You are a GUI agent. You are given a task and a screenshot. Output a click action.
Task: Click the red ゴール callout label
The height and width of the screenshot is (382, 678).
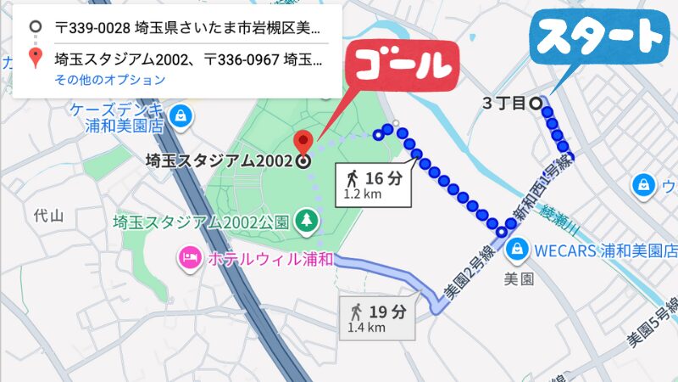tap(405, 63)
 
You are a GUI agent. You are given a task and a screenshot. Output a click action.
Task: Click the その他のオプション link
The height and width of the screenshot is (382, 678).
tap(110, 80)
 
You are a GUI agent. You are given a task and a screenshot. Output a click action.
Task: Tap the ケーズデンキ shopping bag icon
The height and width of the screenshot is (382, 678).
tap(179, 115)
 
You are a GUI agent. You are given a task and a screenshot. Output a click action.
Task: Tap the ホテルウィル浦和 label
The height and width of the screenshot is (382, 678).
tap(268, 257)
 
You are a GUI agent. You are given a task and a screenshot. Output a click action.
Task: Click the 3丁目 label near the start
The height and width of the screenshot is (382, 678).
tap(503, 104)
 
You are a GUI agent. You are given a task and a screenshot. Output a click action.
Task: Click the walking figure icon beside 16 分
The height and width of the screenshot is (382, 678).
tap(352, 178)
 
